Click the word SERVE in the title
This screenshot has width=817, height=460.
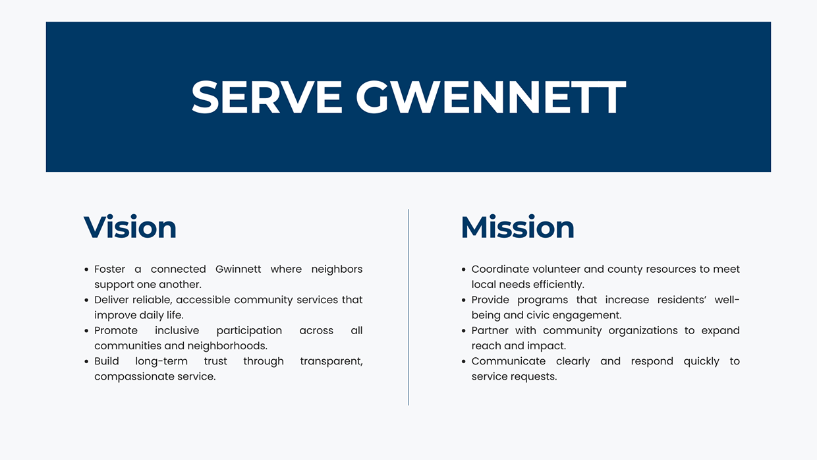click(x=266, y=98)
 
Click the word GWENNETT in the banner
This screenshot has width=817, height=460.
click(x=490, y=98)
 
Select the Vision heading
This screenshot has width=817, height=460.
click(x=130, y=227)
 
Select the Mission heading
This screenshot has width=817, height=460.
click(x=517, y=227)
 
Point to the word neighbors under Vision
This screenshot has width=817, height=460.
click(x=337, y=269)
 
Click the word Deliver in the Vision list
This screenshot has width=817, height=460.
click(x=111, y=300)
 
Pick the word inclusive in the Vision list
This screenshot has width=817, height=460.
click(x=177, y=330)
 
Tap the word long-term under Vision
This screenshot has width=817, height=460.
click(x=161, y=361)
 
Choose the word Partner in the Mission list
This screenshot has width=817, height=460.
click(x=490, y=330)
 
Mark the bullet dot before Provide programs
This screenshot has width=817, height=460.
click(x=464, y=301)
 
